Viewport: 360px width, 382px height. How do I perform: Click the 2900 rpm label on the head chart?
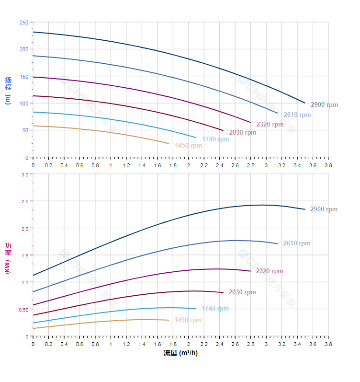click(x=324, y=105)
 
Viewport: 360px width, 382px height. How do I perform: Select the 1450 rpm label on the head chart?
click(x=188, y=146)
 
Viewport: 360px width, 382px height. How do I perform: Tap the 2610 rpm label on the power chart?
click(x=296, y=243)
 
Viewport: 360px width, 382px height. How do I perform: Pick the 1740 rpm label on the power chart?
click(x=215, y=309)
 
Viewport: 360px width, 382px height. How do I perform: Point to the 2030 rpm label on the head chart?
click(x=242, y=133)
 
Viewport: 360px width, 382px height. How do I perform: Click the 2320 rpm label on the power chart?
click(x=269, y=271)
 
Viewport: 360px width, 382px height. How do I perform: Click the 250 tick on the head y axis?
click(x=23, y=23)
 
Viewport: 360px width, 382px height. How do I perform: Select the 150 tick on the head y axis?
click(x=23, y=77)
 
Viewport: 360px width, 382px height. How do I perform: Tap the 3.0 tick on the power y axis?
click(x=24, y=174)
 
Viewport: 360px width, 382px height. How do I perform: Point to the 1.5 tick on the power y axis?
click(x=24, y=255)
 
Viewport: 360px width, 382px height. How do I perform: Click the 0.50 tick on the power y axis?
click(x=23, y=310)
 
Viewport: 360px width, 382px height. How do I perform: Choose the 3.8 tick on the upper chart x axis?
click(x=328, y=165)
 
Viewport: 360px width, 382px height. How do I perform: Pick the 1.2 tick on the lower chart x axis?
click(x=126, y=344)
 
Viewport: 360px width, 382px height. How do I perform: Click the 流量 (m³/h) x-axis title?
click(x=180, y=353)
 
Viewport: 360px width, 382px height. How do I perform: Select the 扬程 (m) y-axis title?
click(x=8, y=90)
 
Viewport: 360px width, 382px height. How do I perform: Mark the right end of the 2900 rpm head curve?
click(x=305, y=103)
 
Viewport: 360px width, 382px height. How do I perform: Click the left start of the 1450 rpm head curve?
click(x=33, y=126)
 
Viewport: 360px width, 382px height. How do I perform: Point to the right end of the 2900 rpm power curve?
click(x=305, y=209)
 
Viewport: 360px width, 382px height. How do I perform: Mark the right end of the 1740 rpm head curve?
click(x=196, y=138)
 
